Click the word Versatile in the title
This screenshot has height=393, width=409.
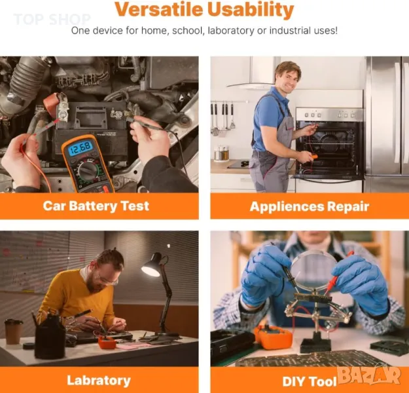tap(159, 10)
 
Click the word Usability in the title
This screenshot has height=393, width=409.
tap(251, 10)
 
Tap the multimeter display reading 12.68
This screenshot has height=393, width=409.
tap(80, 148)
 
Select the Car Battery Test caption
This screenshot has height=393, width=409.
tap(96, 206)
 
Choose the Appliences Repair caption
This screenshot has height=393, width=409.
tap(310, 206)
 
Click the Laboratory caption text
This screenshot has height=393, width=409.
tap(99, 381)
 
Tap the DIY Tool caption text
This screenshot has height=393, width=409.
tap(310, 381)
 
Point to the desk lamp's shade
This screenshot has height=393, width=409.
tap(152, 265)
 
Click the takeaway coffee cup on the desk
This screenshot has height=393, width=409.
tap(14, 331)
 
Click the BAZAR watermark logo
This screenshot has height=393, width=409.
tap(369, 375)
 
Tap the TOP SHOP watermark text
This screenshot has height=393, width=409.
tap(52, 20)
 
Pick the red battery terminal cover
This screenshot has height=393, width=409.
tap(51, 105)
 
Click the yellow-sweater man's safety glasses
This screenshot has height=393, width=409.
tap(108, 280)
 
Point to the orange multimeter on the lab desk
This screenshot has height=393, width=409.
tap(107, 343)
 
